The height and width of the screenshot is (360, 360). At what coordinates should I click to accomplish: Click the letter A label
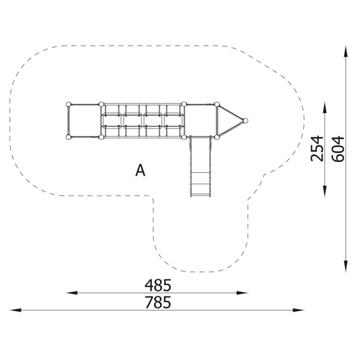(x=140, y=170)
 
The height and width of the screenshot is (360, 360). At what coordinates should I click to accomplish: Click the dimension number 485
(x=157, y=285)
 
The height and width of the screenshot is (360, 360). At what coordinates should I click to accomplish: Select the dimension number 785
(x=157, y=302)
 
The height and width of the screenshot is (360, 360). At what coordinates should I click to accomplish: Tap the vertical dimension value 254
(x=317, y=149)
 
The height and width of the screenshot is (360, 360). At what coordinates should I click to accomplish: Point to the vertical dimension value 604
(x=338, y=149)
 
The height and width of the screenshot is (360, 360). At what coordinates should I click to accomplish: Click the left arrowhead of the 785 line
(x=15, y=310)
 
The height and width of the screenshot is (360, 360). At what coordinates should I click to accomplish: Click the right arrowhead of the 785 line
(x=298, y=310)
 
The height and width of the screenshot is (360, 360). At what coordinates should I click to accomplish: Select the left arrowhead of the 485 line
(x=71, y=293)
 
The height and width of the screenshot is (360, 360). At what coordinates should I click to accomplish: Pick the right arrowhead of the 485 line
(x=242, y=293)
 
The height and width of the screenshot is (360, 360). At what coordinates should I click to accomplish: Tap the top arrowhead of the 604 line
(x=345, y=51)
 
